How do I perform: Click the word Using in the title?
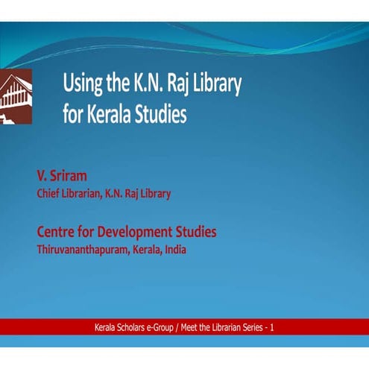click(83, 83)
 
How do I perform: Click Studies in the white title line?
click(160, 116)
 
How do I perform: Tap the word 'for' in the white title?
click(73, 116)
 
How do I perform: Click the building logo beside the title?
click(16, 95)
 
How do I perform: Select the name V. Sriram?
click(62, 177)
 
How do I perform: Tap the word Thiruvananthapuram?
click(83, 250)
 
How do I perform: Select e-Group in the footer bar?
click(171, 327)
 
